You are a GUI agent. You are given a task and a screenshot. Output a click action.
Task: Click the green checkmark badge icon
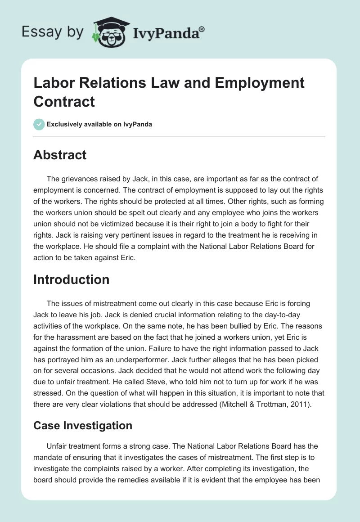[39, 124]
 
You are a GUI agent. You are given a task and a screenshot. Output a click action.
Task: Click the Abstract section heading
[60, 155]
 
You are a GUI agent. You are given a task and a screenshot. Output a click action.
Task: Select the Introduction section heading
[71, 279]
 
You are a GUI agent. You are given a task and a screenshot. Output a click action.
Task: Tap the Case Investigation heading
[83, 425]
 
